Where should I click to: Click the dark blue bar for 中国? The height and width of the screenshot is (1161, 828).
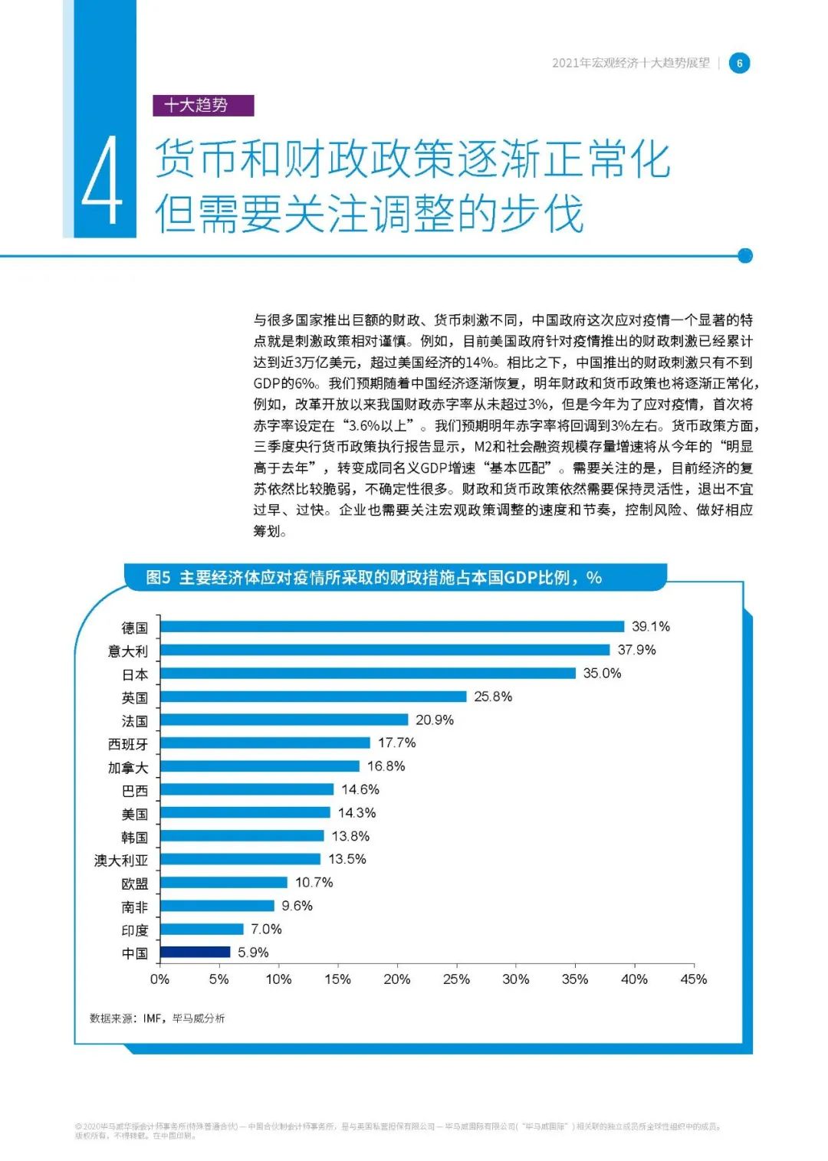pos(195,952)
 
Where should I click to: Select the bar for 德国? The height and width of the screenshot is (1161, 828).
pos(392,626)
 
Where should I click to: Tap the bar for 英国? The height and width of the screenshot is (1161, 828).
pos(313,696)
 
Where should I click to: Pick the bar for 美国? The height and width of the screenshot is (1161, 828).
pos(245,812)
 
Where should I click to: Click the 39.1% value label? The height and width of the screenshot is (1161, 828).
pos(650,626)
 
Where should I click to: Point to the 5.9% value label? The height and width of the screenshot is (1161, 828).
pos(253,952)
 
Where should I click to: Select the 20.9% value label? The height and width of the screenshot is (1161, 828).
pos(434,720)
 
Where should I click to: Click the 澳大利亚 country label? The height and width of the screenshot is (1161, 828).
pos(121,860)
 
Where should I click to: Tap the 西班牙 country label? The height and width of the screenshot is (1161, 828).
pos(128,743)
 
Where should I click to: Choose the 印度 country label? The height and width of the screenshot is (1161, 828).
pos(135,930)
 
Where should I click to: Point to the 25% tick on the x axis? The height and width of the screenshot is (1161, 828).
pos(456,979)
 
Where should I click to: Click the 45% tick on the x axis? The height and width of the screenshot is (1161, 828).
pos(693,979)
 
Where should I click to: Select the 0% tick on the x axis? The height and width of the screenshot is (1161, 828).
pos(159,979)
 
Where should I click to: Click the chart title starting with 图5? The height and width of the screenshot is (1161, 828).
pos(373,577)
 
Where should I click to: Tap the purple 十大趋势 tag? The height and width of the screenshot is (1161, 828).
pos(203,105)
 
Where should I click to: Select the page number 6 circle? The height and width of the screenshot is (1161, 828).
pos(739,63)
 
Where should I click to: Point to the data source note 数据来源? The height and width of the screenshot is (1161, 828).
pos(157,1018)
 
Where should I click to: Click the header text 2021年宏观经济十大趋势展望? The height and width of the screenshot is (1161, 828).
pos(630,63)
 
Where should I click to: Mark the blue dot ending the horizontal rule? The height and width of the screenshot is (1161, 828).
pos(744,256)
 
